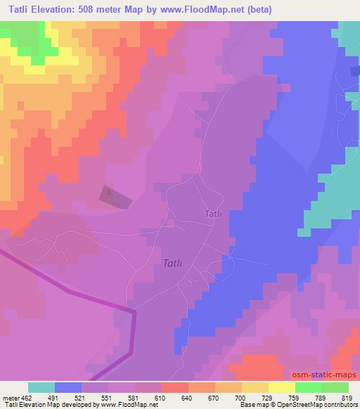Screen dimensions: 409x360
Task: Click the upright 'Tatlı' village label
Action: (214, 214)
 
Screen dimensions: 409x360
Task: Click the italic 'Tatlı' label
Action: (172, 263)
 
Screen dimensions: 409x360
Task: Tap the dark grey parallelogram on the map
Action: (115, 197)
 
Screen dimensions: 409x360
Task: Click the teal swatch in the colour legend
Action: (41, 387)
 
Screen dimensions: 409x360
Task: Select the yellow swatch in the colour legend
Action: (281, 387)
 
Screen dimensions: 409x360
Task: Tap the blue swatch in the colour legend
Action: (68, 387)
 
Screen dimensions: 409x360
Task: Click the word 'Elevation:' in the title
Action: (60, 10)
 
